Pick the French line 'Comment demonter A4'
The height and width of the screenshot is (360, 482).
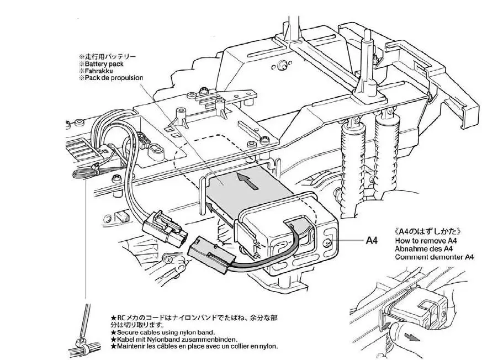pyautogui.click(x=435, y=257)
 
